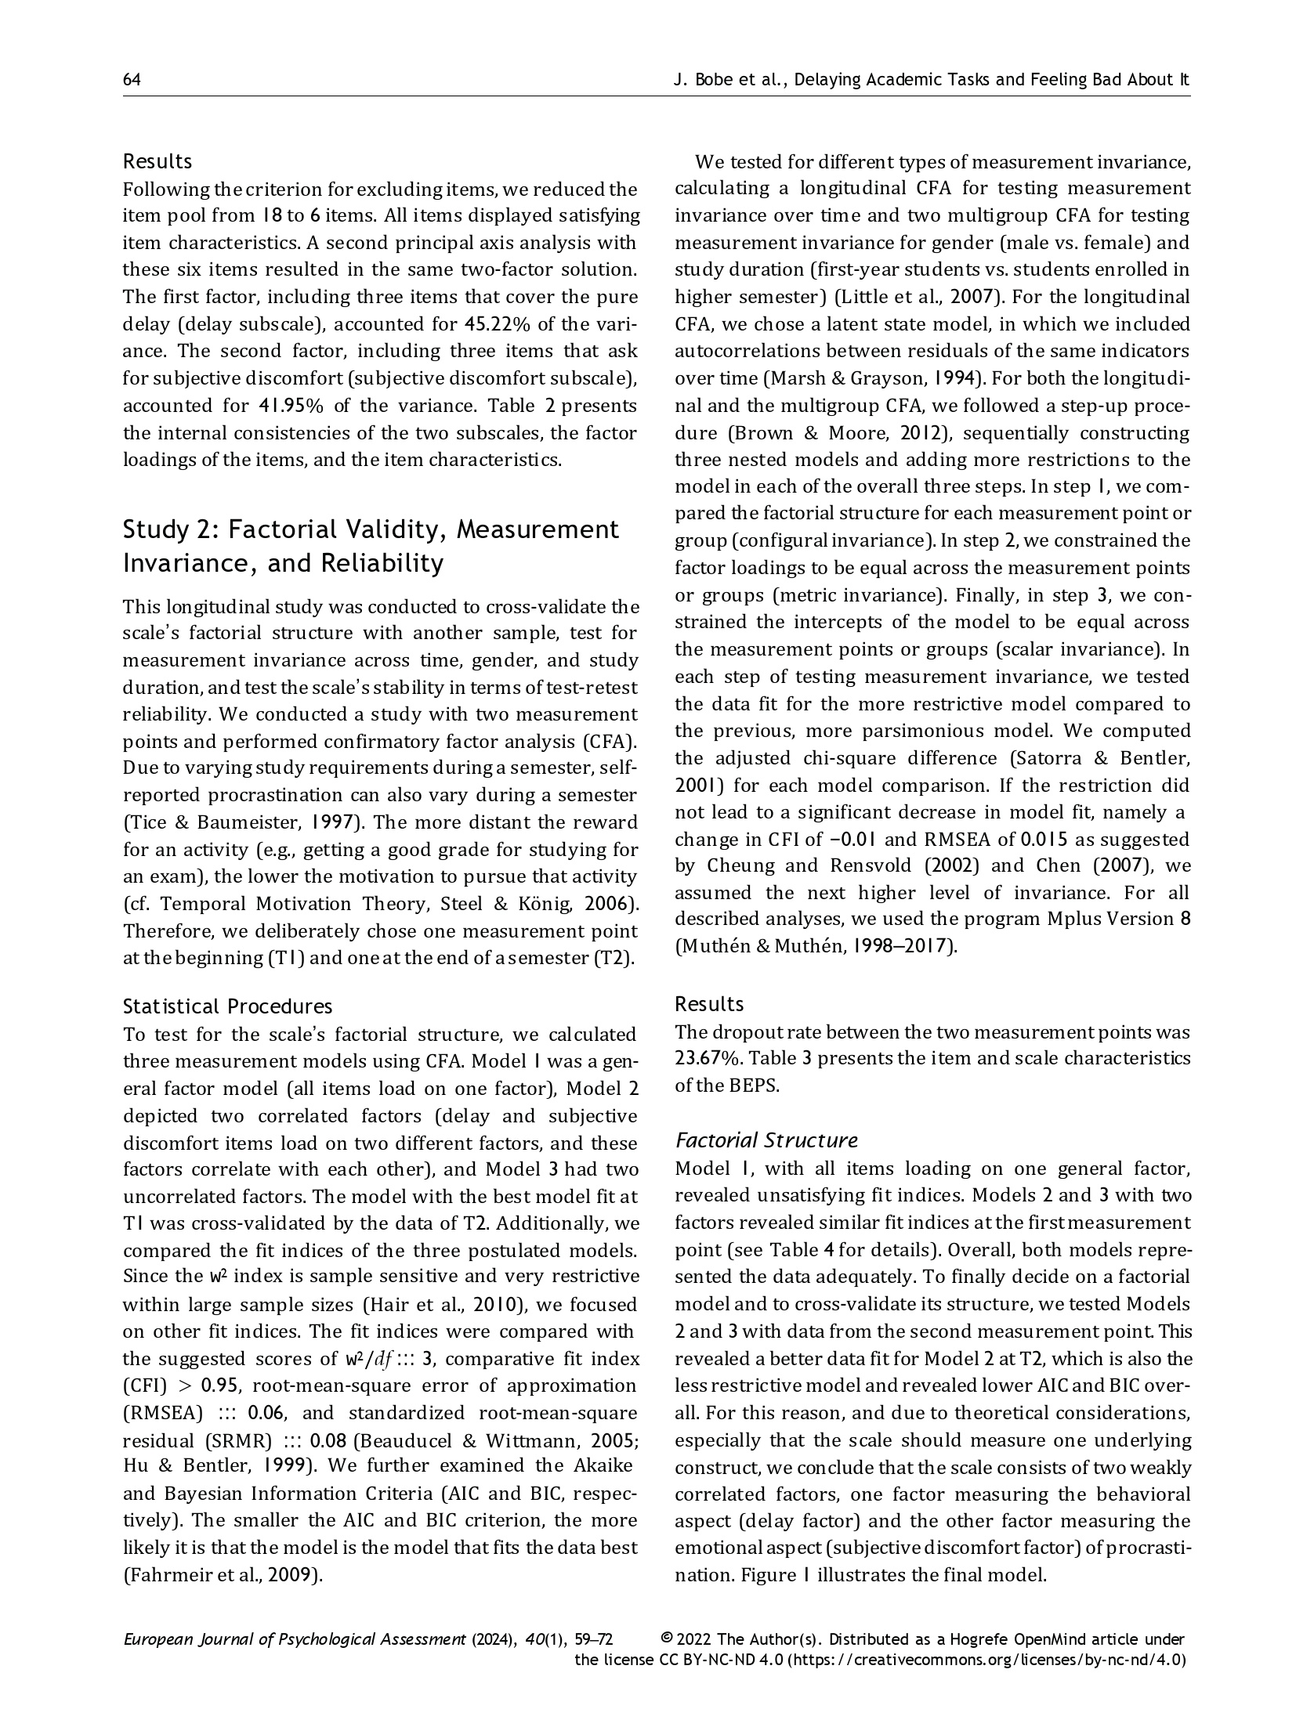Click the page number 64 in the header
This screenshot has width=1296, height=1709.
[132, 80]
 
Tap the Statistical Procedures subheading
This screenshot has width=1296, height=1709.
[227, 1006]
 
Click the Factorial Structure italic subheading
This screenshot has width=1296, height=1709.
[766, 1140]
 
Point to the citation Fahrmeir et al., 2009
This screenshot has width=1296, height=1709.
[223, 1574]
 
